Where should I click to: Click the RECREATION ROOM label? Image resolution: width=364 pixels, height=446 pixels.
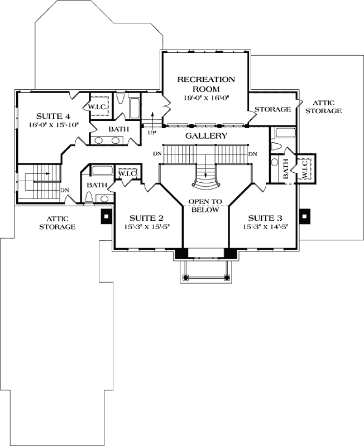click(x=206, y=84)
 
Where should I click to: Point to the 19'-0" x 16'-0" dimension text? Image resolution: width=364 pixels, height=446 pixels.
click(x=206, y=98)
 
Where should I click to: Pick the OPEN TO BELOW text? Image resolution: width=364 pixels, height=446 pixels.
click(x=205, y=206)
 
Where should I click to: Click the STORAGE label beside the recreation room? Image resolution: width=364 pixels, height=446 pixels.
click(x=273, y=109)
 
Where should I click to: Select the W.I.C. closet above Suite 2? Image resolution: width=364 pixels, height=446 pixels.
click(x=125, y=174)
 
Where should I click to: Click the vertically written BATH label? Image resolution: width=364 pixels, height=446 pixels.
click(x=286, y=168)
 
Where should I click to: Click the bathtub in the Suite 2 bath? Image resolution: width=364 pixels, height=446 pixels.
click(x=102, y=170)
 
